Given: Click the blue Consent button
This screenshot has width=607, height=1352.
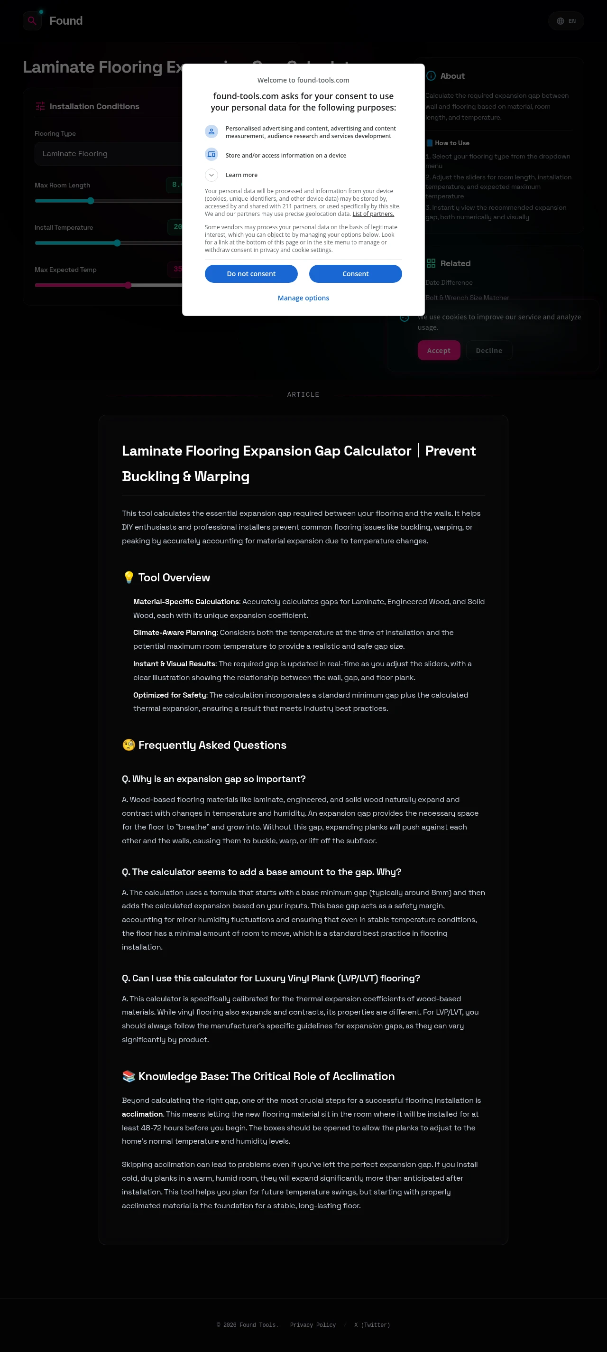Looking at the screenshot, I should (x=355, y=273).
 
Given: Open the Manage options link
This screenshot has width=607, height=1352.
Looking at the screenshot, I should (x=303, y=298).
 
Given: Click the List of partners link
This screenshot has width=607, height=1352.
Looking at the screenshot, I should (x=373, y=214).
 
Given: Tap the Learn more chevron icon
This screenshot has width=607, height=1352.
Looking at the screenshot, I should (x=212, y=175).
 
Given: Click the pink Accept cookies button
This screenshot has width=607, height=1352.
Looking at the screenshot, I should (x=439, y=351).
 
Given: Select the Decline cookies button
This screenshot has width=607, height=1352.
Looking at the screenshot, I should (x=488, y=351).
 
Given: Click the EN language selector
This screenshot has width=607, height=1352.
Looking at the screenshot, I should (x=566, y=21).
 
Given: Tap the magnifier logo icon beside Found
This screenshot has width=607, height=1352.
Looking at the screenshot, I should (x=32, y=21).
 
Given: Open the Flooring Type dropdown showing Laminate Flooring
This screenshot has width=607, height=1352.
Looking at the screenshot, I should (x=108, y=154).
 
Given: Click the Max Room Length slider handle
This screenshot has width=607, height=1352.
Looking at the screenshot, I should (x=91, y=200).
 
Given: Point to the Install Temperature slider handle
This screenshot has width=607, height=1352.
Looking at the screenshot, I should (x=117, y=243).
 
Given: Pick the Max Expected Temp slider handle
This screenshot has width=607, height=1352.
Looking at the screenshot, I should (x=128, y=285).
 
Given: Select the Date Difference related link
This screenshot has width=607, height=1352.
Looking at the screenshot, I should (x=449, y=282).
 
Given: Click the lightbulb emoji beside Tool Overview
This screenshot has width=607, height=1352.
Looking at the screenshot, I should (x=129, y=578).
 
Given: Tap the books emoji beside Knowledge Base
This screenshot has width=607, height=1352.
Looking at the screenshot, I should (x=129, y=1076).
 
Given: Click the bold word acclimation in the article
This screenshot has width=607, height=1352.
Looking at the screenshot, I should (x=142, y=1114).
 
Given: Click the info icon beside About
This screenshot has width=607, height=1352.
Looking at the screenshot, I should (x=431, y=76).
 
